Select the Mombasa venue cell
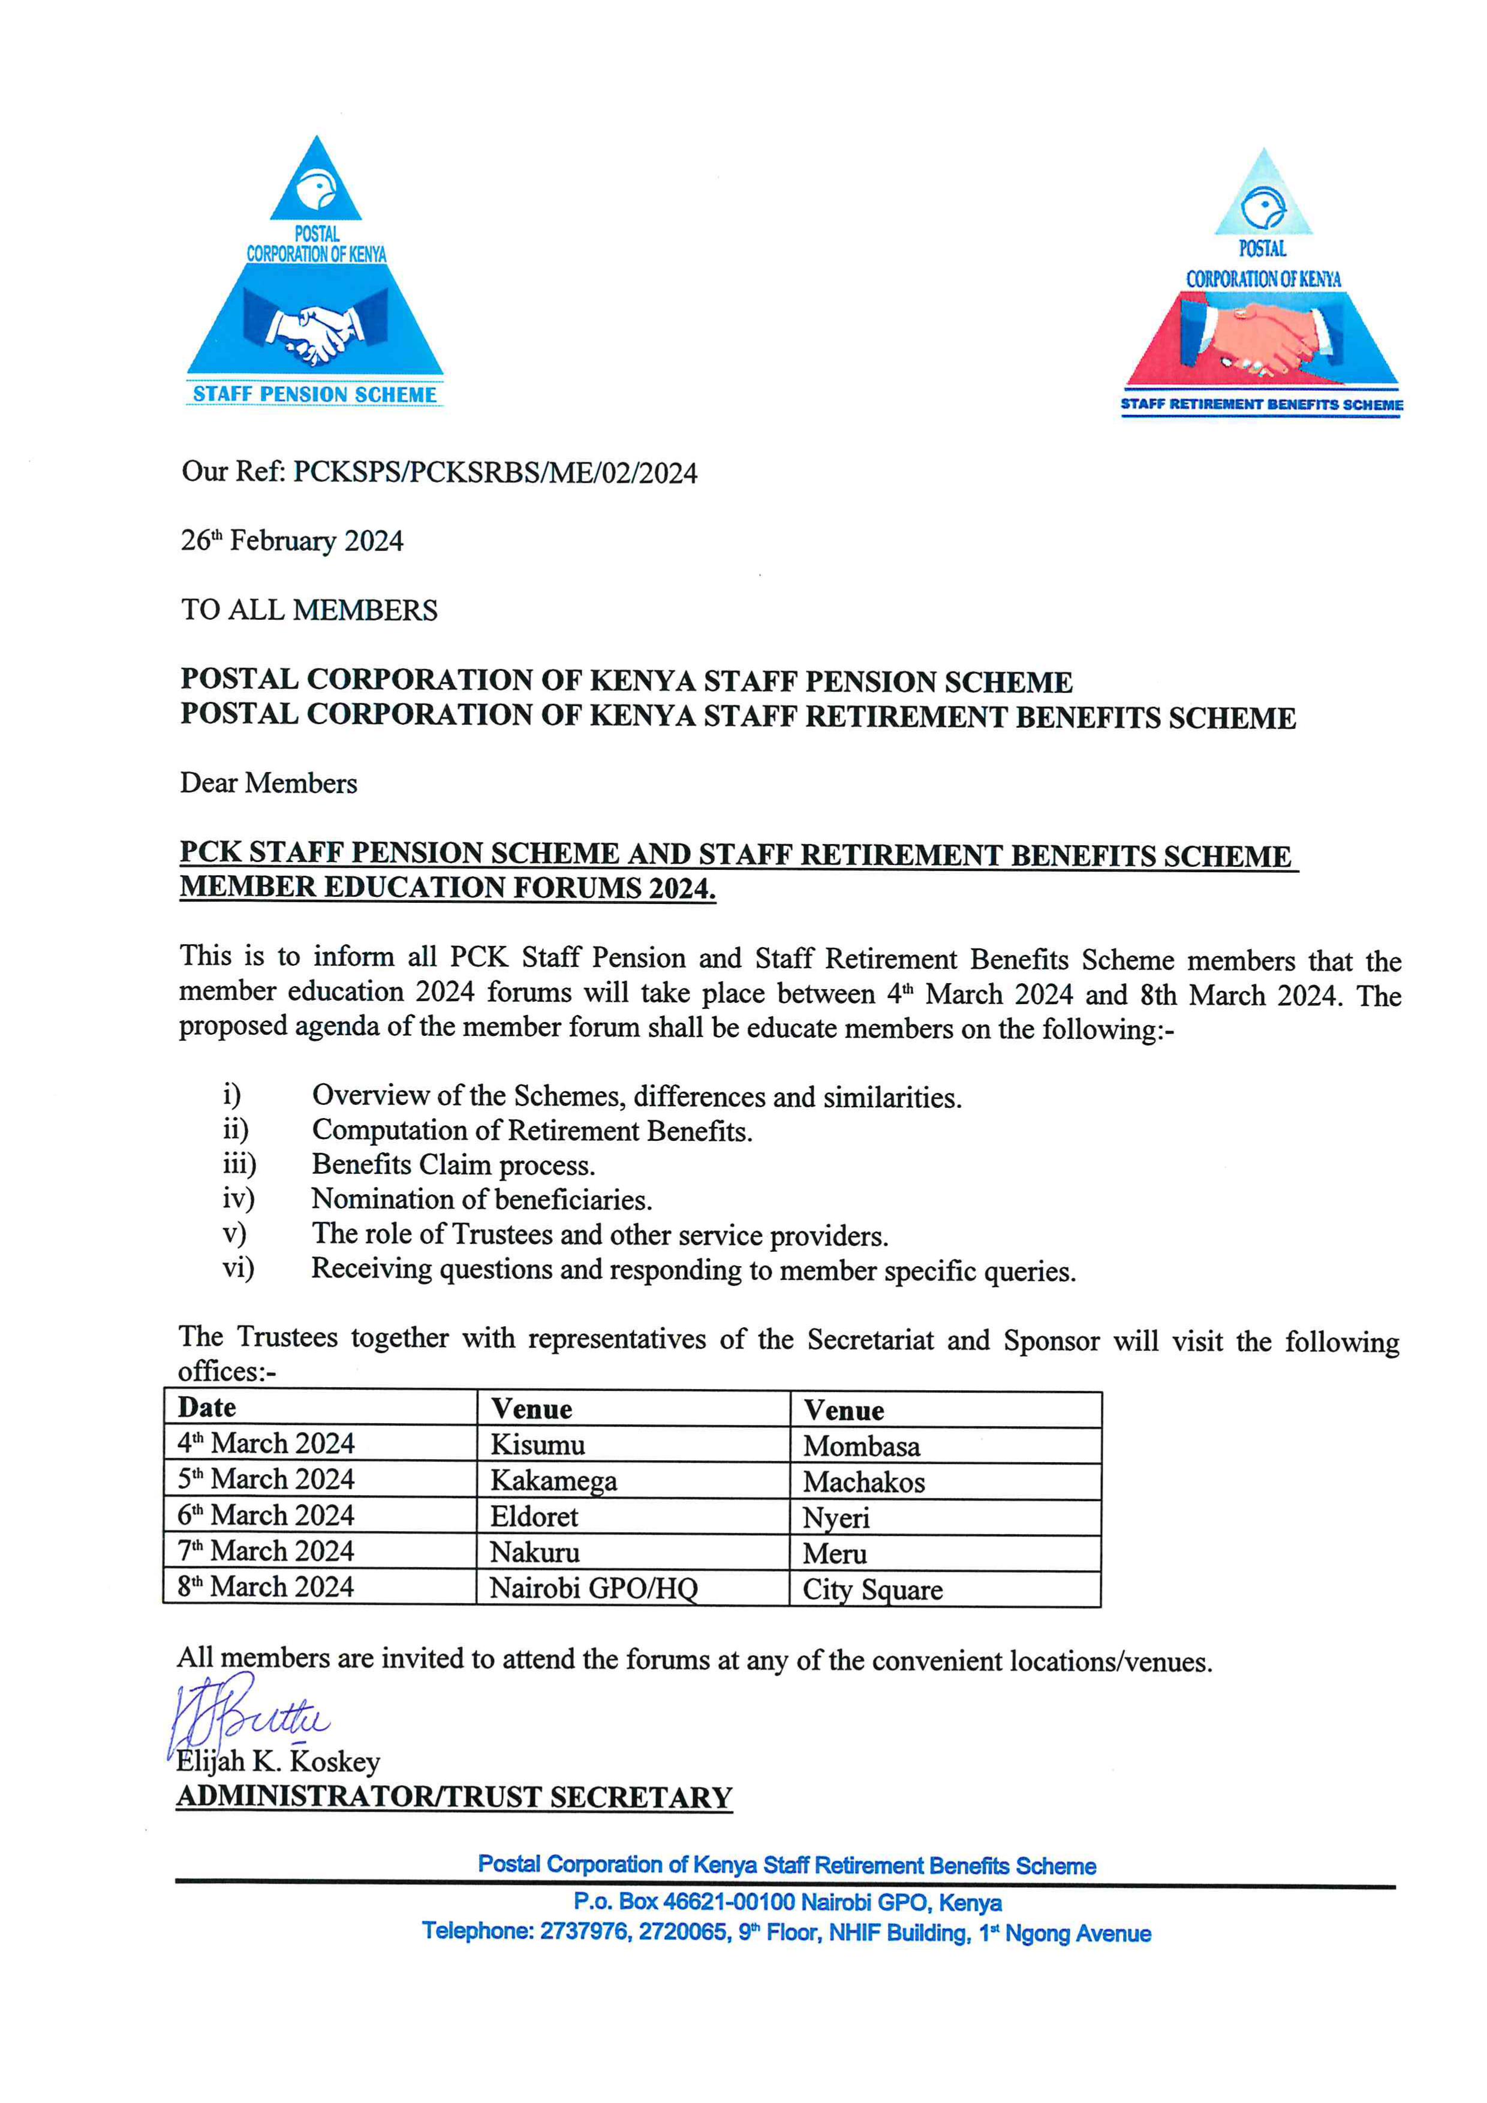[x=861, y=1447]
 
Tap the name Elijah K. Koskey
[x=278, y=1761]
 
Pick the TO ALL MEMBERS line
[x=309, y=610]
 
